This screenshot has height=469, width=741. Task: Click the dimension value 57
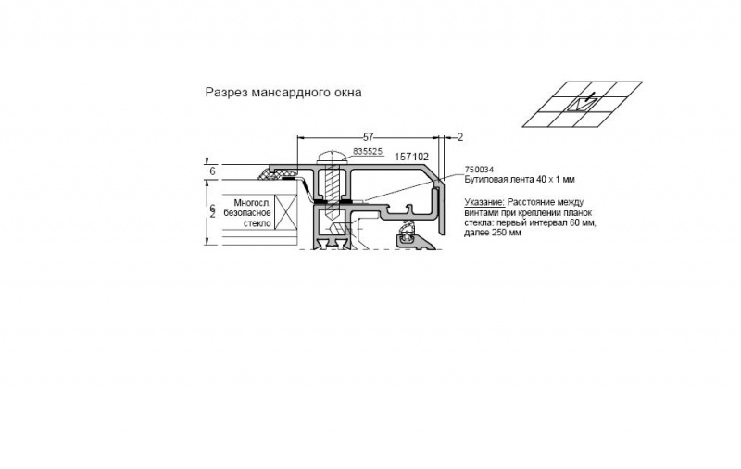(x=368, y=137)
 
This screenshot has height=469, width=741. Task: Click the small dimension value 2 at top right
(x=460, y=137)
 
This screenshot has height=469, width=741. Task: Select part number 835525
(x=368, y=151)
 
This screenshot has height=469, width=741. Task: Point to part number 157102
(x=411, y=157)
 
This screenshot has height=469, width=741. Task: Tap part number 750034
(x=479, y=170)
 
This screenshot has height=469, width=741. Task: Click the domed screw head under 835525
(x=333, y=157)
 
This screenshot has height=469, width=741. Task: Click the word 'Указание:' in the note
(x=484, y=202)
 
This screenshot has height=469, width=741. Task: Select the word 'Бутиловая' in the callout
(x=484, y=180)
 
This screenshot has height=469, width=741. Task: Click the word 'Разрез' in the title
(x=226, y=92)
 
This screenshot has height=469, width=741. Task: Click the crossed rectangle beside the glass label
(x=285, y=212)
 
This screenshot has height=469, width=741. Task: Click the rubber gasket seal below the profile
(x=407, y=233)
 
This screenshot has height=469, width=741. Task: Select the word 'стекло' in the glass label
(x=257, y=223)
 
